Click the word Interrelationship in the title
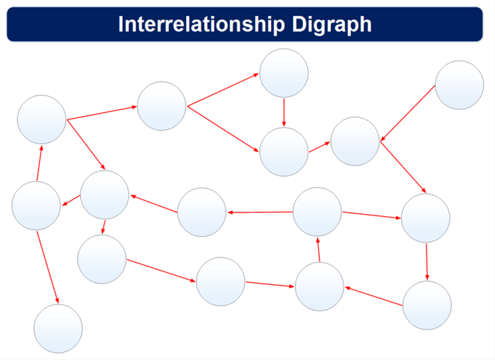[201, 24]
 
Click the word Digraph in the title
[332, 24]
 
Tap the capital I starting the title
[121, 24]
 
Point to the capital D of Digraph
[299, 24]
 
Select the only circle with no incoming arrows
[459, 85]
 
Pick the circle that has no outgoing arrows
[58, 328]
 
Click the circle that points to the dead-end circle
[36, 206]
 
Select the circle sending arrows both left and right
[317, 212]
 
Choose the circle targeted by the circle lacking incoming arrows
[355, 141]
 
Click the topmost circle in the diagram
[284, 73]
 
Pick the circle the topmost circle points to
[284, 152]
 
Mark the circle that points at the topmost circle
[162, 106]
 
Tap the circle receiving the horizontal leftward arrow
[202, 212]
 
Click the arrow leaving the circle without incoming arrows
[408, 113]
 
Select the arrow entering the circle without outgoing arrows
[48, 267]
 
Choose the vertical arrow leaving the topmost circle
[284, 113]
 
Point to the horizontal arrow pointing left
[260, 212]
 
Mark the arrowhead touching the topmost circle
[256, 75]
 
